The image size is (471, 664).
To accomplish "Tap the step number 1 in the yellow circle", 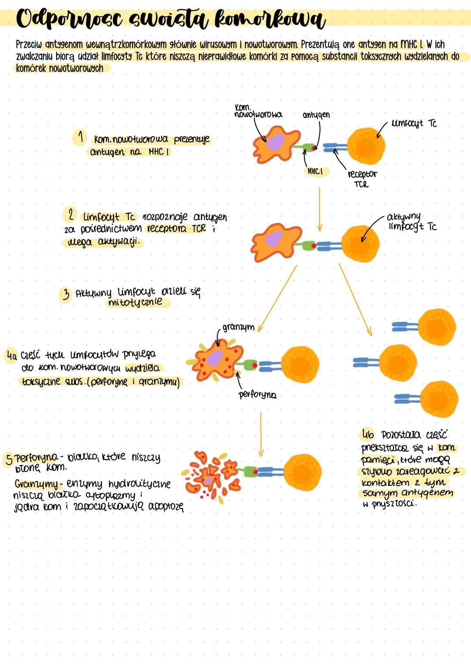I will click(x=80, y=138).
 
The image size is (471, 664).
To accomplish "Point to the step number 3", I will click(x=66, y=295).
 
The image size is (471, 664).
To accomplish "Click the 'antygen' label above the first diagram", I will click(x=316, y=115).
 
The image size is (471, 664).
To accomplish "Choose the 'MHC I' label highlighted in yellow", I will click(x=315, y=172).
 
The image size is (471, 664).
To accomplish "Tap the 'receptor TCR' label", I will click(x=362, y=179).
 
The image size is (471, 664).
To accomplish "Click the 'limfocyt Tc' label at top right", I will click(x=414, y=124).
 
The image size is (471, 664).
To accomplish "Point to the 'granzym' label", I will click(x=238, y=327).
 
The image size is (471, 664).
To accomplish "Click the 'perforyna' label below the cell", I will click(x=257, y=394).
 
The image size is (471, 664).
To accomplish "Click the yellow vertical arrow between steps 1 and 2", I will click(x=319, y=209).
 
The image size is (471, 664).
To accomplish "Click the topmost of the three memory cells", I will click(x=436, y=327).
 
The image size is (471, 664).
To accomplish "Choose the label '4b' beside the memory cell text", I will click(x=368, y=434).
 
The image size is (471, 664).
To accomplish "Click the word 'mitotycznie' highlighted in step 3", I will click(x=135, y=302).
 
